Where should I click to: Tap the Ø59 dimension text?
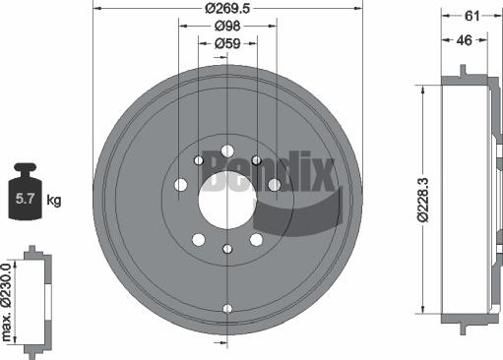(227, 43)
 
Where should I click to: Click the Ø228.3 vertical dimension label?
(421, 197)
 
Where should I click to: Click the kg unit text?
(53, 201)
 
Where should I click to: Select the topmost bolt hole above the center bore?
(226, 150)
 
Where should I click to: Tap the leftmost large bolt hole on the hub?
(180, 185)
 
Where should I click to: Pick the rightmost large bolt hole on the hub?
(275, 185)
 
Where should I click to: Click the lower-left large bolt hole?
(198, 239)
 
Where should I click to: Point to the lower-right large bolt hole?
(256, 239)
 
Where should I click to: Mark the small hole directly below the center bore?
(226, 249)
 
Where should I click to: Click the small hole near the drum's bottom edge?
(226, 309)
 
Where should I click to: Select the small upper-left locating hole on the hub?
(198, 160)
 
